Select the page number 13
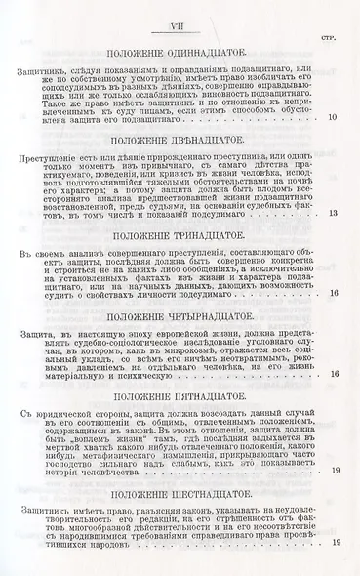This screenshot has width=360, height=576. (x=334, y=212)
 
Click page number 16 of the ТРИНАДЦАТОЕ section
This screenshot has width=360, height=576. (x=334, y=293)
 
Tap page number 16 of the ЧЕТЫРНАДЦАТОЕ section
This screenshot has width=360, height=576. (x=334, y=376)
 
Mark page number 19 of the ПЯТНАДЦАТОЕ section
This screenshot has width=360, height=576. (x=334, y=471)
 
